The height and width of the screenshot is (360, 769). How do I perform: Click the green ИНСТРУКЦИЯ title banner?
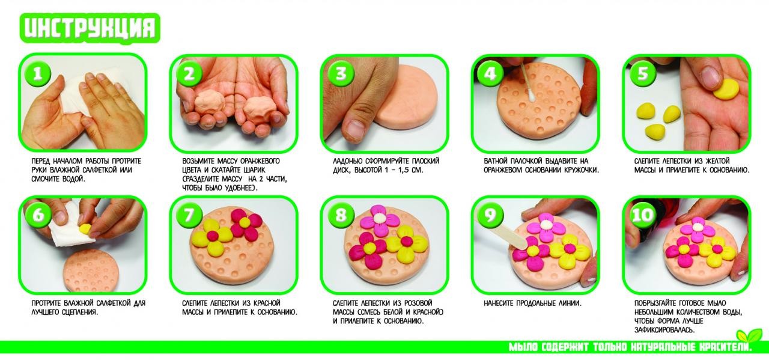90,28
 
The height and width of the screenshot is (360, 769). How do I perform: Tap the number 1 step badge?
37,73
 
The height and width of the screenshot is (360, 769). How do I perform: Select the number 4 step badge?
490,73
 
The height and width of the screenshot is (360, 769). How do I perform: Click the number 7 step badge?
189,216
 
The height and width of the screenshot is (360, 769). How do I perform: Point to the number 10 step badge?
642,216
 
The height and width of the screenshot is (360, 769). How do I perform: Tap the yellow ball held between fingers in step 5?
726,90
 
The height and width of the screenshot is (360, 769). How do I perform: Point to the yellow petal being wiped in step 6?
85,229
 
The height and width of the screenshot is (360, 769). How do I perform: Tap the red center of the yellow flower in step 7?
212,236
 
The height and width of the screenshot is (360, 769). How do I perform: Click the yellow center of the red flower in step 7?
245,223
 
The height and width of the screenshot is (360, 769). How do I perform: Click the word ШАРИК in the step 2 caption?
253,170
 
